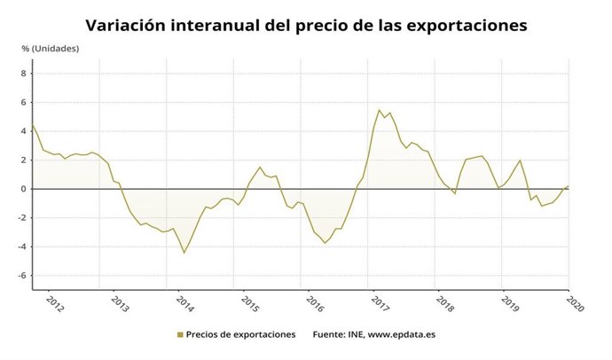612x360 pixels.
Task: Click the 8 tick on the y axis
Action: coord(24,74)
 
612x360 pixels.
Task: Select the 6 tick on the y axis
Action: coord(24,103)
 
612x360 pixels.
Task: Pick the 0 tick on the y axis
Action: coord(24,189)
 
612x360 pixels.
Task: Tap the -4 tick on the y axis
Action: coord(22,247)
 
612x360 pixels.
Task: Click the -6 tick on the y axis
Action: coord(22,276)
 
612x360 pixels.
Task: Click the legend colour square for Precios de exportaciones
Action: coord(180,334)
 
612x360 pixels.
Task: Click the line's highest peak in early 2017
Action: coord(380,110)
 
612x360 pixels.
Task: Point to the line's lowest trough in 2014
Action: coord(184,253)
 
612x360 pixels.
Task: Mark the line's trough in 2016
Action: coord(326,243)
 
